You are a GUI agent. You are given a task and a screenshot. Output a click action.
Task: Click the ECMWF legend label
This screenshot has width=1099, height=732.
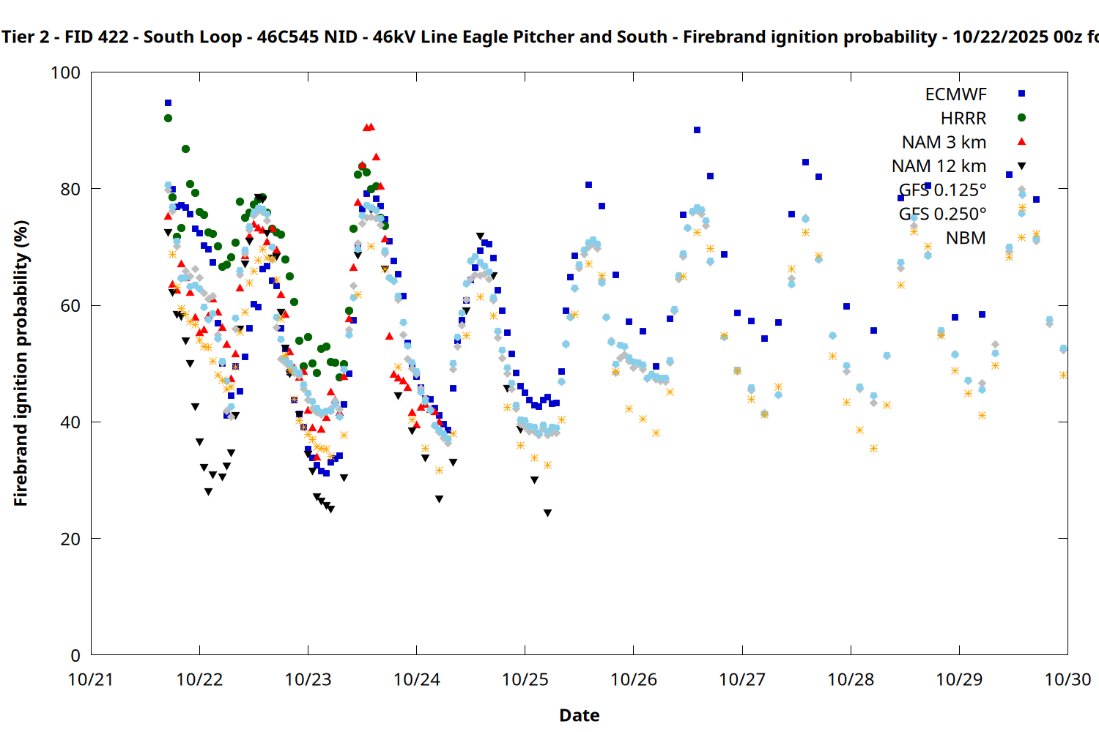pos(955,94)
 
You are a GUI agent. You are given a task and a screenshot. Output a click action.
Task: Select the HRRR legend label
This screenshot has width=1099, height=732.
pos(963,119)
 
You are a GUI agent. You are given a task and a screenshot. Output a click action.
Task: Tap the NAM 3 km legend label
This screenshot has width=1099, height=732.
pos(944,142)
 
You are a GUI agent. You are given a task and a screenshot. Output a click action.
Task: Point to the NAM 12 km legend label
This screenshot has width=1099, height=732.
pos(939,166)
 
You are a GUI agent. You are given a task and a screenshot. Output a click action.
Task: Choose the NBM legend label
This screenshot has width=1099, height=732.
pos(966,238)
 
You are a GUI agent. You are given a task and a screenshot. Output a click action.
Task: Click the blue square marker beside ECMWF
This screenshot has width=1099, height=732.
pos(1022,94)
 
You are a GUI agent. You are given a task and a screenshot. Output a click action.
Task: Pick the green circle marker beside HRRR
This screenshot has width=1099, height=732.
pos(1022,118)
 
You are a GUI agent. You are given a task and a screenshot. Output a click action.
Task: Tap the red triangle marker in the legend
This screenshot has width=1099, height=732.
pos(1022,141)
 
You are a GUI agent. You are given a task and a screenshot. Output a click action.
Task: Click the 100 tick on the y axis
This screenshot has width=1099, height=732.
pos(65,72)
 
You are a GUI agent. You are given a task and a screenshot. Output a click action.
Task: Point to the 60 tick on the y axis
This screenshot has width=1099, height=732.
pos(70,305)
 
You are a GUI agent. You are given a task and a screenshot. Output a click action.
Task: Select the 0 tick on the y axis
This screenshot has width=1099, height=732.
pos(75,655)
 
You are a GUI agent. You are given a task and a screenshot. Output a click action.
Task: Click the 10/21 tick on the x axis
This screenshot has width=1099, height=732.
pos(91,679)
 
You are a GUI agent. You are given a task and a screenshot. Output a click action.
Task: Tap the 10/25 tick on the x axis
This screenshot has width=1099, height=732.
pos(525,679)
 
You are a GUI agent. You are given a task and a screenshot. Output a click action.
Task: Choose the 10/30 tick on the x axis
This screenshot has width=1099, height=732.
pos(1067,679)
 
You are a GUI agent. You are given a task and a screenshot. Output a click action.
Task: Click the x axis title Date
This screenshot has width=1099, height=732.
pos(579,715)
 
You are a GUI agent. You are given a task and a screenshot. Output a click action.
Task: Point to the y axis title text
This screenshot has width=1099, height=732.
pos(21,363)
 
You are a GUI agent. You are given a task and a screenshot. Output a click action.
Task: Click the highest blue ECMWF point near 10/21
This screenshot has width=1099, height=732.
pos(168,103)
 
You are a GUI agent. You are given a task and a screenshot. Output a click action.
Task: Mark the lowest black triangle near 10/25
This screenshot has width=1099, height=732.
pos(547,513)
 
